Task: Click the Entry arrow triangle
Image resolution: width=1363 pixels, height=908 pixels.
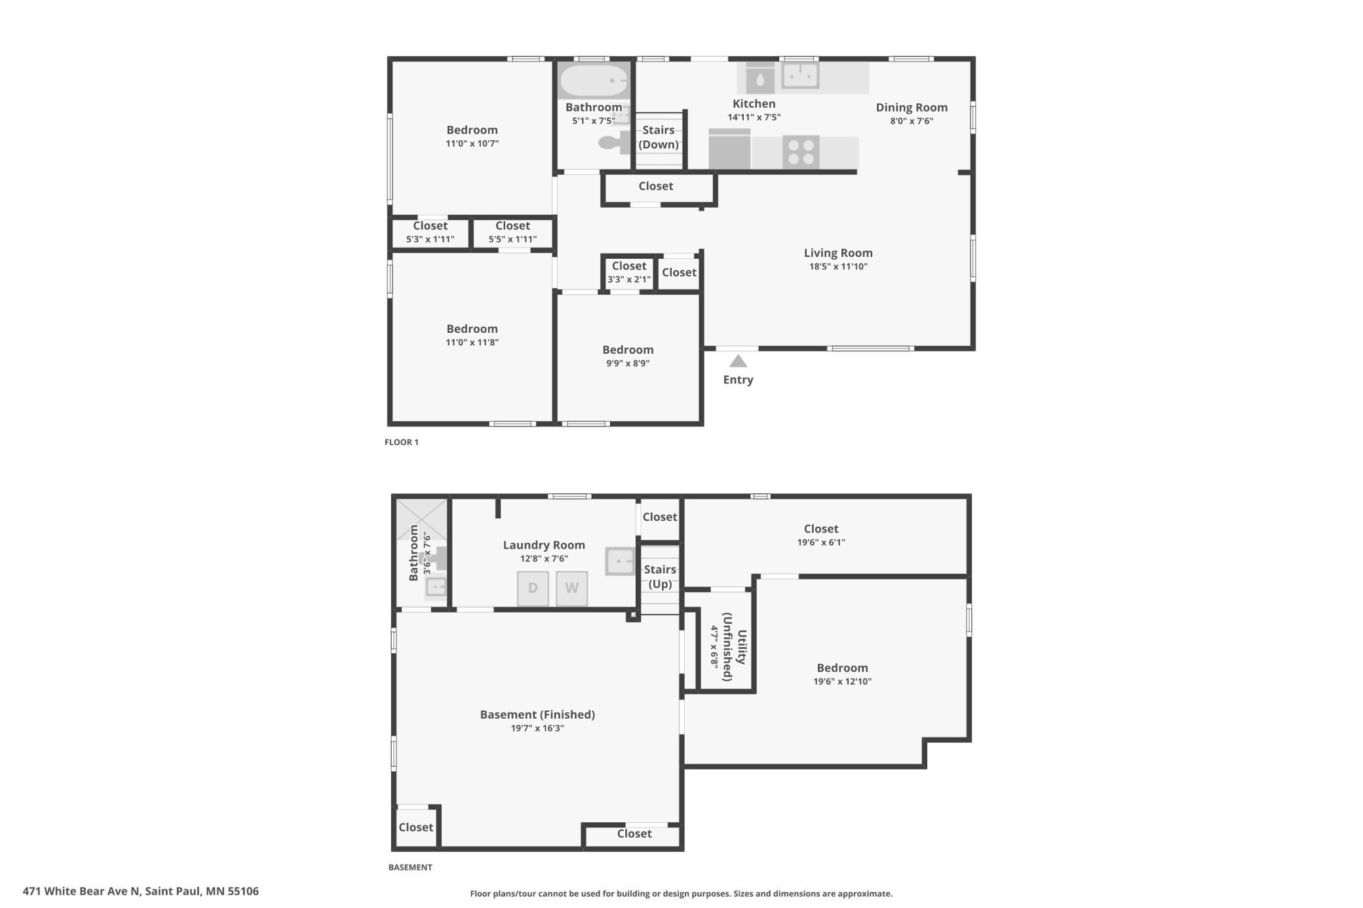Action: click(738, 361)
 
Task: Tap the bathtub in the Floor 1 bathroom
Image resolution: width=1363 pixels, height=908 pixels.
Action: click(594, 81)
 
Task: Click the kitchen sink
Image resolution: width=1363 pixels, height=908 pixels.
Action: click(800, 75)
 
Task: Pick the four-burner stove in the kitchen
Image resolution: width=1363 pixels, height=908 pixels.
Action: click(801, 152)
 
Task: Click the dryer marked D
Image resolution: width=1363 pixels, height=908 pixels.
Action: click(533, 588)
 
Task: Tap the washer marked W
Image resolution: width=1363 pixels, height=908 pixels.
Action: click(571, 588)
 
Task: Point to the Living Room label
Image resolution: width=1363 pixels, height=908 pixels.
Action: click(838, 253)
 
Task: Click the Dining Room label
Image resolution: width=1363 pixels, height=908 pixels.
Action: click(912, 107)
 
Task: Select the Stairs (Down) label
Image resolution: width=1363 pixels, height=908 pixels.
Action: click(659, 137)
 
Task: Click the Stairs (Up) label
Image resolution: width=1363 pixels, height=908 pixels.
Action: click(660, 577)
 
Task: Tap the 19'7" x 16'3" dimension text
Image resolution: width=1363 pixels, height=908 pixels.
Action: click(537, 728)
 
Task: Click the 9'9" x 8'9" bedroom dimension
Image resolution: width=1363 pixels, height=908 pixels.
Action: click(628, 363)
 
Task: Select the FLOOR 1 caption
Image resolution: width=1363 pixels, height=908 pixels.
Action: click(401, 442)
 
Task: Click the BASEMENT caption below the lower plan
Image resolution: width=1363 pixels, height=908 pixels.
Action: click(410, 867)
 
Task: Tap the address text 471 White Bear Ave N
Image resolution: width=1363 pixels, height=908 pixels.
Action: click(81, 891)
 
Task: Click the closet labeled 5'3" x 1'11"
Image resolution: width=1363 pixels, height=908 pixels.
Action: click(430, 232)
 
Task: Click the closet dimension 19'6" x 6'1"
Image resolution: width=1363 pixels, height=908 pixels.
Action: click(821, 542)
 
